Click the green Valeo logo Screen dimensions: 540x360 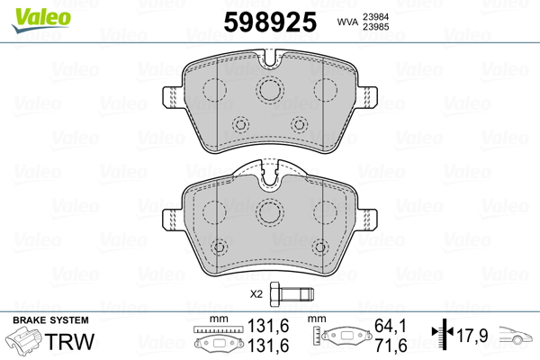(41, 20)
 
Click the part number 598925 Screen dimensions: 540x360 (270, 22)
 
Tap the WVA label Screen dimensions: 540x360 (347, 22)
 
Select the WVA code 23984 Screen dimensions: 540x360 (375, 17)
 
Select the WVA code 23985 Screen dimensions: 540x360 (375, 27)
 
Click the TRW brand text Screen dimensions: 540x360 (69, 341)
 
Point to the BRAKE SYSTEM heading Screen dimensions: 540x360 (50, 320)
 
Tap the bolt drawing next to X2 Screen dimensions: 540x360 (292, 294)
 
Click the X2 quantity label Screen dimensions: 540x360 (256, 294)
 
